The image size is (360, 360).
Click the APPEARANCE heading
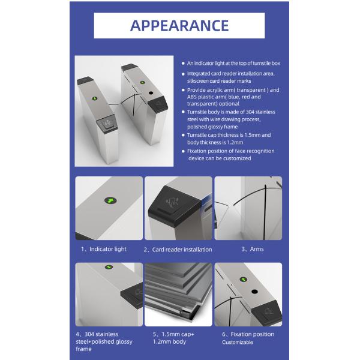click(179, 25)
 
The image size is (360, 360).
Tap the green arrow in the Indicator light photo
click(110, 200)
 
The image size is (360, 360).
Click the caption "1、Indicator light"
click(104, 249)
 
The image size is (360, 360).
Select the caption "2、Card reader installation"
click(178, 250)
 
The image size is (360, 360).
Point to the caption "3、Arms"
click(253, 249)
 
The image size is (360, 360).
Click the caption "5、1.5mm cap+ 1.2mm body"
click(173, 338)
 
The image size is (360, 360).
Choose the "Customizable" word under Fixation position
click(238, 343)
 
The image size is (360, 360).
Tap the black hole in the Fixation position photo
click(254, 292)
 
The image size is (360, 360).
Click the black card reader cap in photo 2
click(175, 205)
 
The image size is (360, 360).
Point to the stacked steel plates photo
click(178, 295)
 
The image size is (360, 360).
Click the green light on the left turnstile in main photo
click(95, 98)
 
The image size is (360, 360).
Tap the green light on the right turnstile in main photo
click(142, 82)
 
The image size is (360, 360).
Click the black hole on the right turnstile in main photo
click(151, 93)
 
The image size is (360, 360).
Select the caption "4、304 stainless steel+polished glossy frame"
click(104, 341)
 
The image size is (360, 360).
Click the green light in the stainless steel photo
click(109, 267)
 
